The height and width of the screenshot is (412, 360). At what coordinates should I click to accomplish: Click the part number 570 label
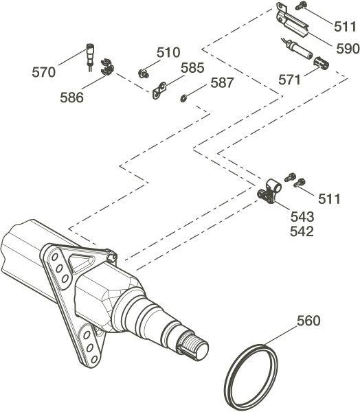(x=44, y=72)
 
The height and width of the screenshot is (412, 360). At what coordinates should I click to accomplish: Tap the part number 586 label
(x=71, y=98)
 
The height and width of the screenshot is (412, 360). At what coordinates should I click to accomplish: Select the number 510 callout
(x=168, y=53)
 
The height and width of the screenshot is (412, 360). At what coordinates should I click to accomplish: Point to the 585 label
(x=192, y=68)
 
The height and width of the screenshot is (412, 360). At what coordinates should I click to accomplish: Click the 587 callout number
(x=222, y=83)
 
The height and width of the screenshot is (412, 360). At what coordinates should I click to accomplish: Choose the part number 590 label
(x=348, y=49)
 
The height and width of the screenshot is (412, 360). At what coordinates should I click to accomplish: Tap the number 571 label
(x=289, y=80)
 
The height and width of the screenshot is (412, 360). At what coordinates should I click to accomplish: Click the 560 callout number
(x=308, y=321)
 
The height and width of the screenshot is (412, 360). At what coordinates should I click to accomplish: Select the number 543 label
(x=302, y=217)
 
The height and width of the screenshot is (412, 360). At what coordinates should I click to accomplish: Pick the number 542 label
(x=302, y=232)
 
